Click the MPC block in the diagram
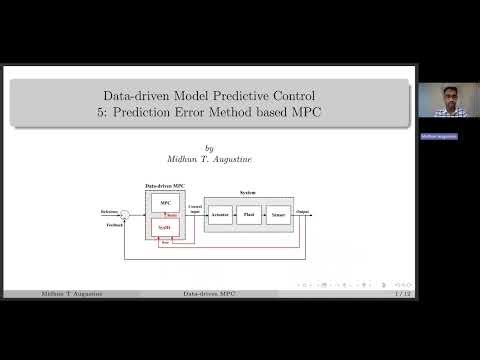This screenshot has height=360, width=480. (166, 203)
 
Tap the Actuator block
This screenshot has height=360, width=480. (221, 214)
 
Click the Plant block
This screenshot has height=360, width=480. (251, 214)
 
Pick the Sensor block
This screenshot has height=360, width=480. (279, 214)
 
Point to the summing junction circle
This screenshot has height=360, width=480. (126, 214)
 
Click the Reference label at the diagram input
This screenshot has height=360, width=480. (109, 211)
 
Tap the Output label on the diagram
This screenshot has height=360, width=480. (303, 211)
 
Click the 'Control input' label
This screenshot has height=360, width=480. (195, 209)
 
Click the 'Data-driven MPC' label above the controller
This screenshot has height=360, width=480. (165, 186)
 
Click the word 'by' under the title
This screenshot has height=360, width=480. (208, 144)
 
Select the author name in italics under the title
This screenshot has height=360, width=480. (208, 157)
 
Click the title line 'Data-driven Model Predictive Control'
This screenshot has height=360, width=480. (208, 94)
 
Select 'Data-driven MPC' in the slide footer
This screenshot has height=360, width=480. (208, 294)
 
